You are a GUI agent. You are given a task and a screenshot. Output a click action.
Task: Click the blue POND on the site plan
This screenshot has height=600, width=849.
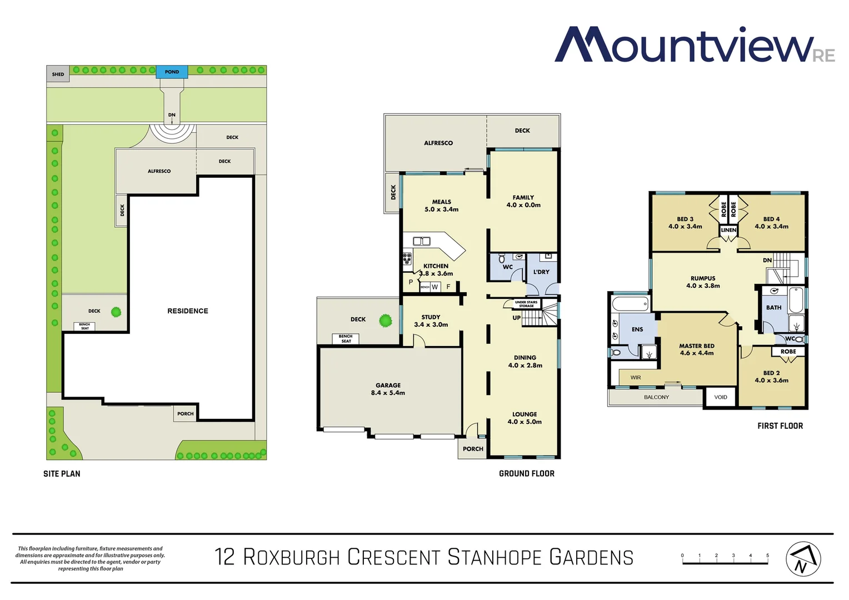coord(172,72)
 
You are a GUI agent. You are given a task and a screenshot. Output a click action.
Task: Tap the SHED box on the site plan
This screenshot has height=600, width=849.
coord(58,74)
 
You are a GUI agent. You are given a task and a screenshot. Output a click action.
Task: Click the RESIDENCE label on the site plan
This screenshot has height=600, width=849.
coord(188,311)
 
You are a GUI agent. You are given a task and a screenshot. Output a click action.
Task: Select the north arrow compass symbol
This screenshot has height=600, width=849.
coord(803,559)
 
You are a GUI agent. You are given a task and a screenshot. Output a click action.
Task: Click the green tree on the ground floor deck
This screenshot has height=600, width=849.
coord(385,321)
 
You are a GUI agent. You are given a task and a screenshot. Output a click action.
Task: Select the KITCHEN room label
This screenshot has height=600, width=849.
coord(436,266)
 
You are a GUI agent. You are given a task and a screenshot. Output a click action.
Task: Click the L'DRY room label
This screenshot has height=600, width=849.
coord(541,272)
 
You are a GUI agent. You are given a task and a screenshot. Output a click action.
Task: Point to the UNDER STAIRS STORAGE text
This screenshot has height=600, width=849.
coord(526,304)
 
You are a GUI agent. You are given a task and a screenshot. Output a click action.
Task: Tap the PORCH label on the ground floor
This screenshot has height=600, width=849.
coord(473,449)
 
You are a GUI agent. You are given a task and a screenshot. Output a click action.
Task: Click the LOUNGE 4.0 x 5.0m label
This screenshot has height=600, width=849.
coord(525,418)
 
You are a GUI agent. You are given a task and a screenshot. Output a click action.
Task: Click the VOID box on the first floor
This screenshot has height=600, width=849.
coord(721,397)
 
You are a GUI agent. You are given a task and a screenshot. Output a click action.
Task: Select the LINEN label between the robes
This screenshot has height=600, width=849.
coord(728,230)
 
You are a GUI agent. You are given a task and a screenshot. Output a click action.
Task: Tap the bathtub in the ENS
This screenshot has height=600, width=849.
coord(630,304)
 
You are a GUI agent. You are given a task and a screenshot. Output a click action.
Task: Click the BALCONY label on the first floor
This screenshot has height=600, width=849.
coord(656,397)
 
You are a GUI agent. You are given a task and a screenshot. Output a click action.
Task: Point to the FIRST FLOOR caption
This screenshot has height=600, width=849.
coord(780,426)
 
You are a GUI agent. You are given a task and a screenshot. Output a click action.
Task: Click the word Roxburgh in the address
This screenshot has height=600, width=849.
coord(291,557)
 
